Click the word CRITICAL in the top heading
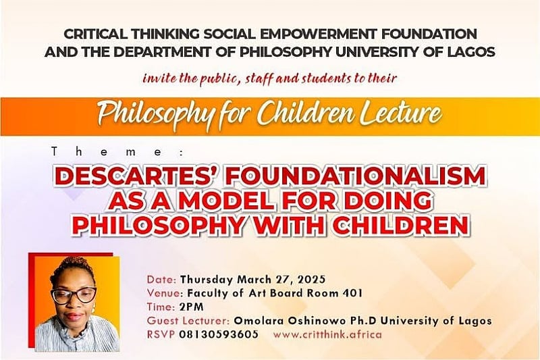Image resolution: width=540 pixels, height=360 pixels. [95, 34]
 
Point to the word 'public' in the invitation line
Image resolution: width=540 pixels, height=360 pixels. [215, 79]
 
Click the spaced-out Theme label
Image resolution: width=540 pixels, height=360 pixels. [117, 152]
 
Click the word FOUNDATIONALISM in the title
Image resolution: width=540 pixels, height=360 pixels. [356, 176]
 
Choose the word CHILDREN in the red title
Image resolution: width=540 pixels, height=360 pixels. [401, 226]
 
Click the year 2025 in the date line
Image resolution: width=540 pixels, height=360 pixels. [311, 279]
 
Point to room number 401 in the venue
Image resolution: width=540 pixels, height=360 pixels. [352, 293]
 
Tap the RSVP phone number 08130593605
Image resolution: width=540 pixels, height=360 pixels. [219, 334]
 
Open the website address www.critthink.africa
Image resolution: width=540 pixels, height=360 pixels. [327, 334]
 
